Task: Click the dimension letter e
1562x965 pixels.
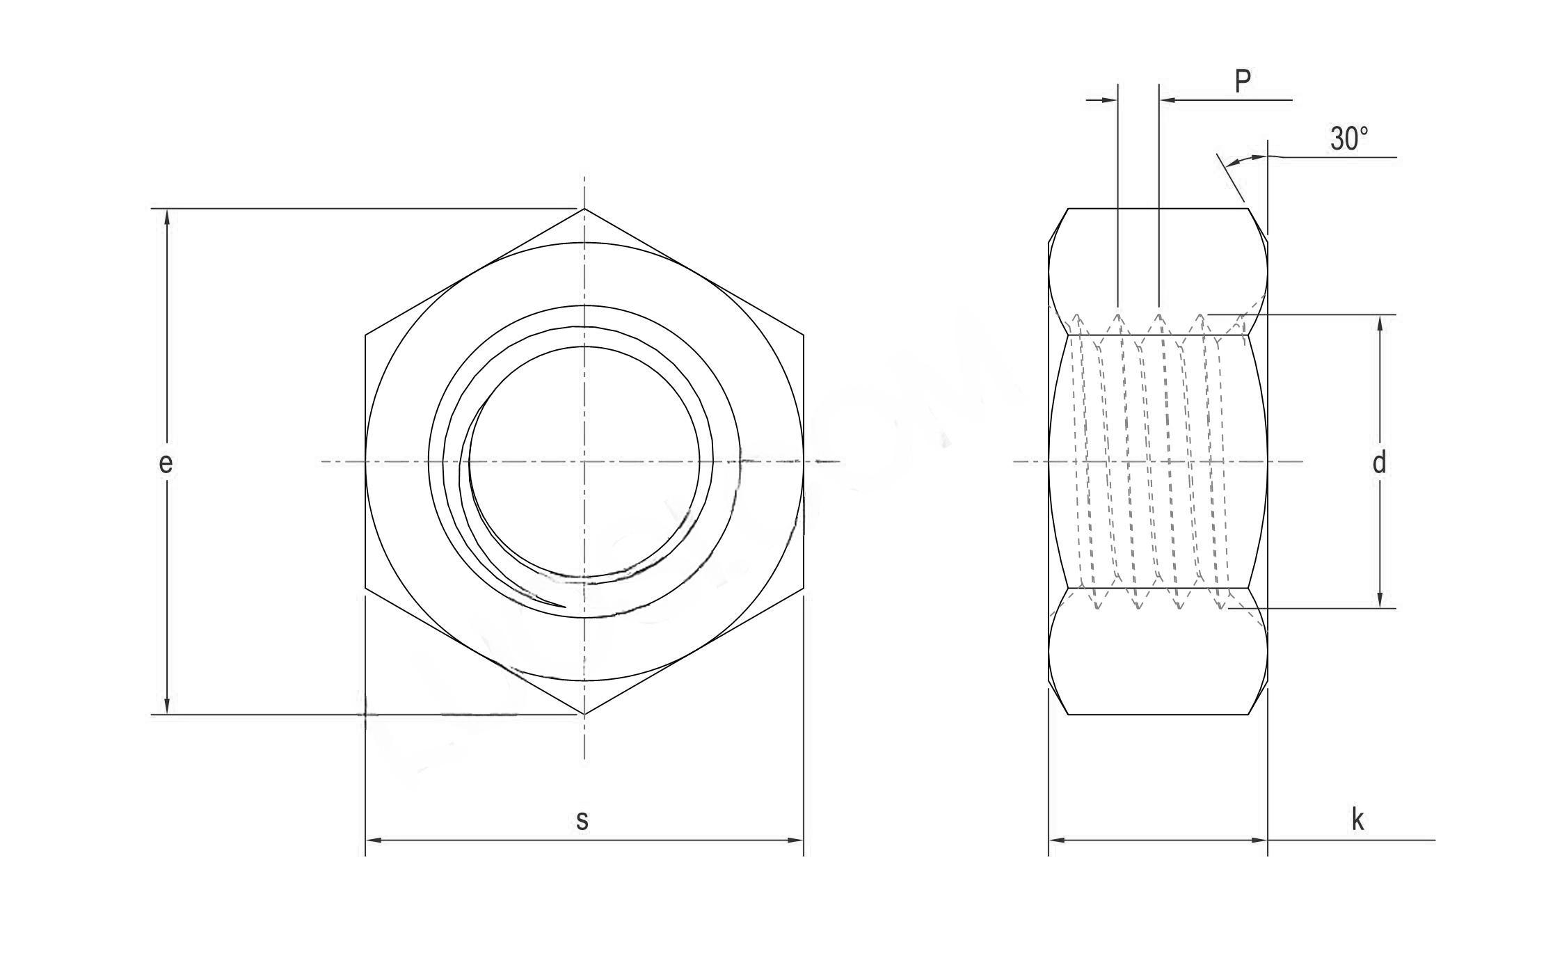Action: pos(165,463)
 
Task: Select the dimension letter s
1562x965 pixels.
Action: pos(582,820)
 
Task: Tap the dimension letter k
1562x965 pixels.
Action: pos(1357,820)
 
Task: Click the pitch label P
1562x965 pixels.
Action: pos(1243,82)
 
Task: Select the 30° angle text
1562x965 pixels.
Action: pos(1349,139)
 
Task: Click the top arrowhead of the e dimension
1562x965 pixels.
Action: pos(167,216)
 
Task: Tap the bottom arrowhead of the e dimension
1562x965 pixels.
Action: pos(167,706)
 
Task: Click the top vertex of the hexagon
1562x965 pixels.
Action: pos(584,208)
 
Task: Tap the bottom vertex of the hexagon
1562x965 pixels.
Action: pos(584,715)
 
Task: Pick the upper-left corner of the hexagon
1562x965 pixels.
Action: pos(365,335)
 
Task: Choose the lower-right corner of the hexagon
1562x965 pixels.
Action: pos(804,589)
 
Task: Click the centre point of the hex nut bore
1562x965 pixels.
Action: pos(584,461)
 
